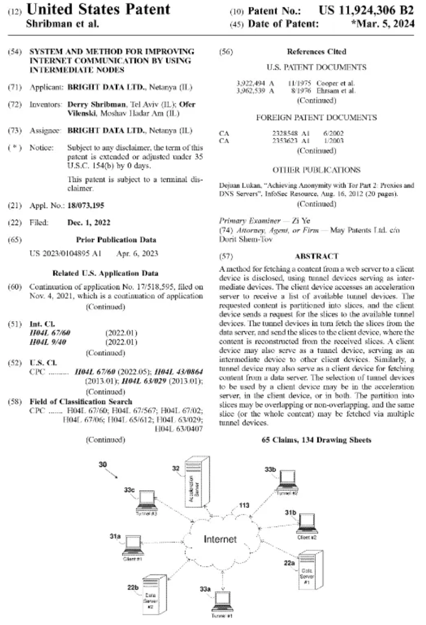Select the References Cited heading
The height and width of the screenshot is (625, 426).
click(x=316, y=52)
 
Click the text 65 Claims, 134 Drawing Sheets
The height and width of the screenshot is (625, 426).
click(x=316, y=440)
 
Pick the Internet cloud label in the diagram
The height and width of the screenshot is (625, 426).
click(x=220, y=540)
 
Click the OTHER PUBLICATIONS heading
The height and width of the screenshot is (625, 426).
click(x=316, y=170)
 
